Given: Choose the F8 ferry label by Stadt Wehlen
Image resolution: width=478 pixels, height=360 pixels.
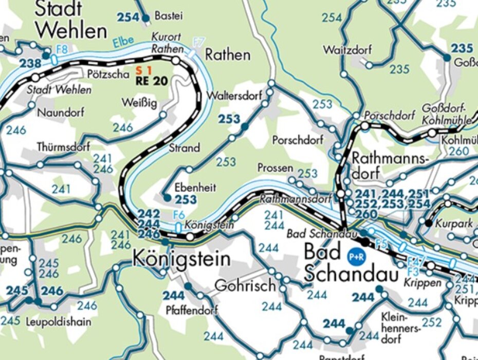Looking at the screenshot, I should click(62, 50).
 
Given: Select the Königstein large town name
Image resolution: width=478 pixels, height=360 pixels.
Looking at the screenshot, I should click(181, 259).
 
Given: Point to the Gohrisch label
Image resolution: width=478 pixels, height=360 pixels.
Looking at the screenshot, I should click(245, 285).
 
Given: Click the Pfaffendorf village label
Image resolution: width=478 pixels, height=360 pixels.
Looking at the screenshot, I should click(192, 310).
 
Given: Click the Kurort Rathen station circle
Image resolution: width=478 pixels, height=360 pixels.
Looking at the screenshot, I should click(176, 61).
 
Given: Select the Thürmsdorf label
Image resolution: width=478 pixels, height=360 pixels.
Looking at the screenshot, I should click(63, 147).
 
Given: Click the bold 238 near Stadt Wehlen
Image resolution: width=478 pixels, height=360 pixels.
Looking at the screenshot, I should click(30, 64).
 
